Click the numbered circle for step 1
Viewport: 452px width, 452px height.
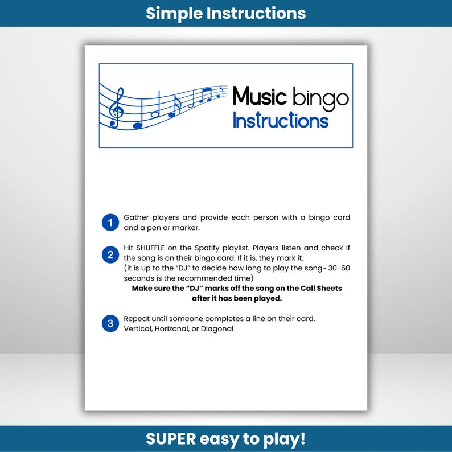pos(110,223)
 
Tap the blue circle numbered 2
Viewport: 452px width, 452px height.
pos(110,254)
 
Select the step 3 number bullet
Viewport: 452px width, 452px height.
pos(110,324)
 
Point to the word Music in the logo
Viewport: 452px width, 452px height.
pos(259,96)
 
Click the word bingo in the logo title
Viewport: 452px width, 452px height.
pos(320,98)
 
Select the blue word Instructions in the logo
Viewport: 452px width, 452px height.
pos(281,121)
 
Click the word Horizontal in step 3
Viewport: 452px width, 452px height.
pos(178,328)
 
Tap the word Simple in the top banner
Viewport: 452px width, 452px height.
pos(174,13)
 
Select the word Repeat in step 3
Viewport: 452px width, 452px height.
pos(137,318)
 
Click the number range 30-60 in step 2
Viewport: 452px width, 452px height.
pos(335,268)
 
